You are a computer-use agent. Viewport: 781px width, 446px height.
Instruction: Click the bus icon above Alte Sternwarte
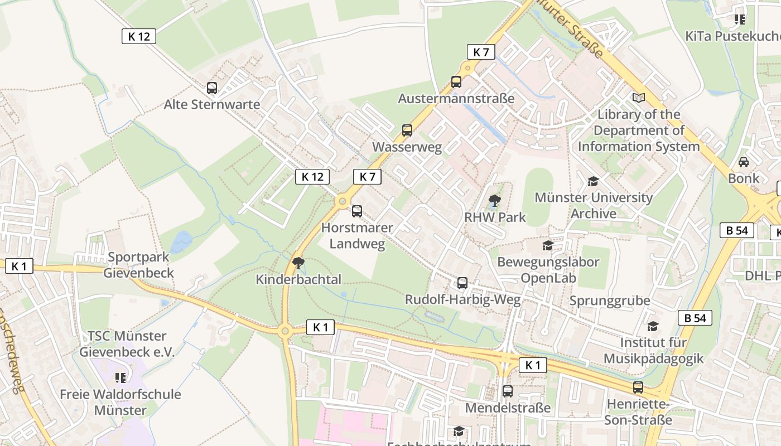(212, 88)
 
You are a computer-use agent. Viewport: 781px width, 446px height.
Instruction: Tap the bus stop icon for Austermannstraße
(456, 82)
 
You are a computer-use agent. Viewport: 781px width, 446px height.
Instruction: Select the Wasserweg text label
(407, 147)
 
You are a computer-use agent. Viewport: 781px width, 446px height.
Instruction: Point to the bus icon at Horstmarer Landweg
(357, 211)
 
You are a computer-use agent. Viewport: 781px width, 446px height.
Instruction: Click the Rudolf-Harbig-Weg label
(462, 300)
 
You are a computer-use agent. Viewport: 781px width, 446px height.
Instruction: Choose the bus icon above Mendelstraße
(507, 391)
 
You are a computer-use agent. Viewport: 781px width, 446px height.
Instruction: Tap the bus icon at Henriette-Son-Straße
(638, 387)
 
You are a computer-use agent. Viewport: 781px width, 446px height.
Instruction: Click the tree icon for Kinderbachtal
(298, 263)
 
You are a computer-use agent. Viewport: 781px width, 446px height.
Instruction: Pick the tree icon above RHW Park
(494, 201)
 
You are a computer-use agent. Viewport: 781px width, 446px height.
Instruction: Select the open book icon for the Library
(639, 98)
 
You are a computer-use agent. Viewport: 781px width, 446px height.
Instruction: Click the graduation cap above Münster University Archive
(593, 181)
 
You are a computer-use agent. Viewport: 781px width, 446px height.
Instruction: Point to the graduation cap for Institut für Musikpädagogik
(653, 326)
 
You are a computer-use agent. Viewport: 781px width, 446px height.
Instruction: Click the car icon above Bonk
(744, 162)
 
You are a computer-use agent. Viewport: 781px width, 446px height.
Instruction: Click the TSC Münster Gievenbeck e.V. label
(127, 344)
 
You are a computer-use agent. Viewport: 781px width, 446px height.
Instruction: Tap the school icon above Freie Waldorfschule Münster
(120, 378)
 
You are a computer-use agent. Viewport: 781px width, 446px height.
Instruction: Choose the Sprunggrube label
(610, 301)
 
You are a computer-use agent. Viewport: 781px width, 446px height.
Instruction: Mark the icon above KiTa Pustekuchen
(740, 20)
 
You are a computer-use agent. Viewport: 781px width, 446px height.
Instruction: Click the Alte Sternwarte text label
(212, 104)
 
